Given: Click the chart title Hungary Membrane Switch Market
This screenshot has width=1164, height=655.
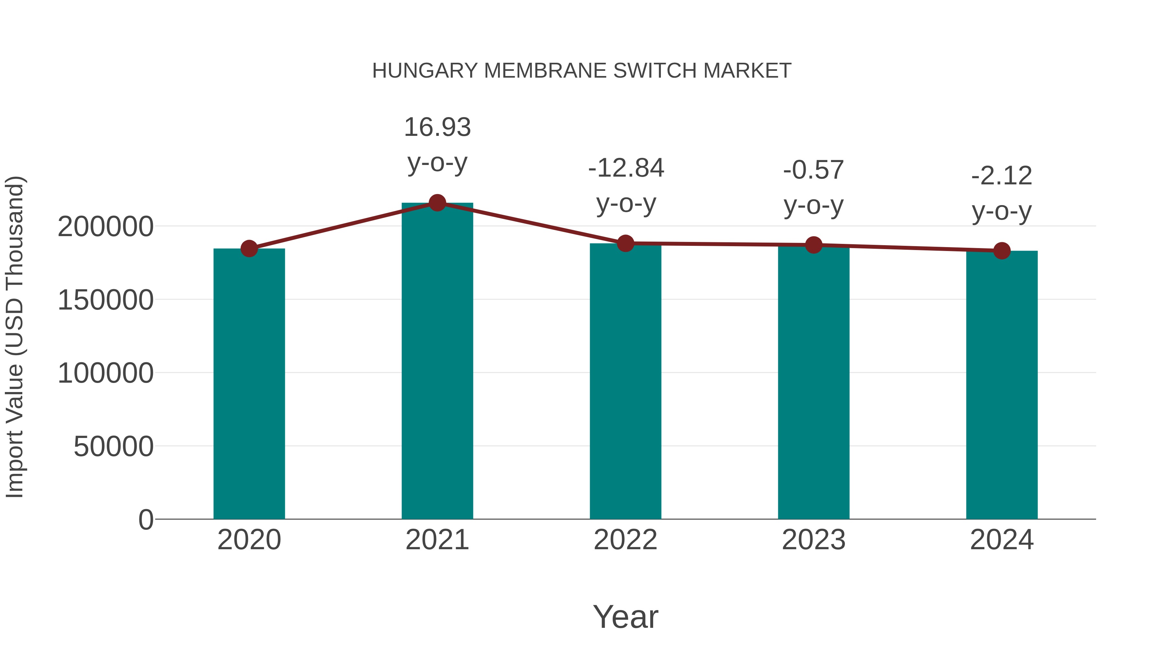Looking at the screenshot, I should (582, 71).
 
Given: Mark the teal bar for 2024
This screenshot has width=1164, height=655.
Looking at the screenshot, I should (1002, 385).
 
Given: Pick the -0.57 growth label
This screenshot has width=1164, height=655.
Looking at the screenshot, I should (814, 170).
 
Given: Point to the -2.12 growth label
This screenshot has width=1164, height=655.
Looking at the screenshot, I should (1002, 176).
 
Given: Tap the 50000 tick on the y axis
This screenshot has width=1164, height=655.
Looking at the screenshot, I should (113, 447).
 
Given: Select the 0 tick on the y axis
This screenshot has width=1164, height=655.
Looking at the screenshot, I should (146, 519).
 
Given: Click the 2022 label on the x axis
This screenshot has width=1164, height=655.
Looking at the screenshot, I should (625, 540).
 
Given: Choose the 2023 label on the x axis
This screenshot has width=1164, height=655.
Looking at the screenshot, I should (814, 540).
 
